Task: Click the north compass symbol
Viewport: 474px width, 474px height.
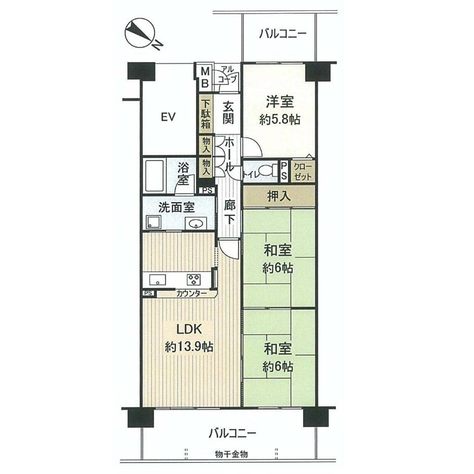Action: coord(142,35)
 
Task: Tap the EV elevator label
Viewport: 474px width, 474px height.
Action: coord(168,117)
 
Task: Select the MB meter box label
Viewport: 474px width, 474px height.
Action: coord(205,77)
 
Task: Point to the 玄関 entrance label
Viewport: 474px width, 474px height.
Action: coord(228,113)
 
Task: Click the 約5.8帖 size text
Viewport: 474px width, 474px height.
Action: coord(279,120)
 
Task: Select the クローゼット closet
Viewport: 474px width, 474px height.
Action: coord(303,171)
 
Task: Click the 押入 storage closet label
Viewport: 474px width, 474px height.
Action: coord(279,196)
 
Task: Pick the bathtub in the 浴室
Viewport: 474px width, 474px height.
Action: coord(155,176)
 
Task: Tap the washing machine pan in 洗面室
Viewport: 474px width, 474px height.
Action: coord(154,222)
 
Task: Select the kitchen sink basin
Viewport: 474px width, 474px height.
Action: coord(157,279)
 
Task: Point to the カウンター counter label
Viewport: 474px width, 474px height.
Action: coord(191,293)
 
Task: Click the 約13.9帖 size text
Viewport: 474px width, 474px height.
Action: coord(189,347)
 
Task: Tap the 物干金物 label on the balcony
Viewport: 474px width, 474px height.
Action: coord(231,454)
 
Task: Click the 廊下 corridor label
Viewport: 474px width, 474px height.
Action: coord(230,212)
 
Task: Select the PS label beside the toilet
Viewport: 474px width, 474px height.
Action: coord(284,171)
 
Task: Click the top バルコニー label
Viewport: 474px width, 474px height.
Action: coord(283,33)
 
